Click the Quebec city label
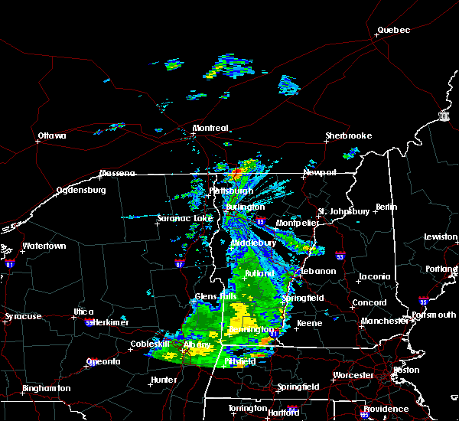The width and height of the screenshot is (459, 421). [393, 31]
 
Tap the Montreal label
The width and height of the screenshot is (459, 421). [210, 128]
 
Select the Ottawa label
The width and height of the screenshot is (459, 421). [52, 136]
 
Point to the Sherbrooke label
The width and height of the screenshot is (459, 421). [348, 136]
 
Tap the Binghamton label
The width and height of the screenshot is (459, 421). [46, 389]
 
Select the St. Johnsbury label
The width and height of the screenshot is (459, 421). [344, 211]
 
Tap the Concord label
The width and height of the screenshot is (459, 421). [369, 303]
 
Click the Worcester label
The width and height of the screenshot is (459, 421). [353, 376]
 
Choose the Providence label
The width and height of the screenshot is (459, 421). [386, 409]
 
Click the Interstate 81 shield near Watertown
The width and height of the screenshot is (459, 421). [10, 263]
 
